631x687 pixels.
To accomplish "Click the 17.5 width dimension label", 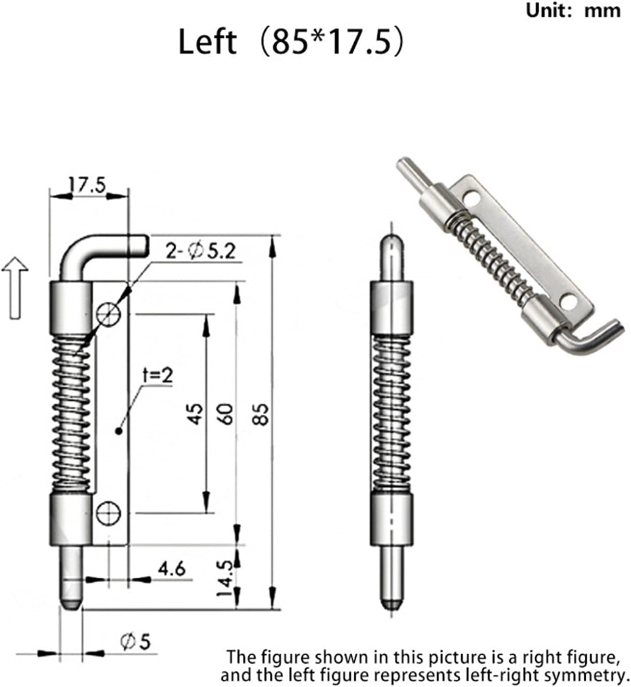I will click(x=87, y=185).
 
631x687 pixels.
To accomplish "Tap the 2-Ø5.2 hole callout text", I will click(x=201, y=251).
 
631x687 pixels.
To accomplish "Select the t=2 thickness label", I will click(x=157, y=376).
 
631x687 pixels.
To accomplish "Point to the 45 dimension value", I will click(x=195, y=414).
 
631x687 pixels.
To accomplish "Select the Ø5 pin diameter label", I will click(x=135, y=642).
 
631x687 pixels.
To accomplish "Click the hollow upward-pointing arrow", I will click(x=15, y=287).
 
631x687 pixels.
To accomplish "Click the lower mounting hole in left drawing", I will click(x=108, y=513).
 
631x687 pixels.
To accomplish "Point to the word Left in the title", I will click(x=207, y=42).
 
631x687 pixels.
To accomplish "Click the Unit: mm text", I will click(x=573, y=11).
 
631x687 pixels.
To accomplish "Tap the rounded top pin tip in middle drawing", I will click(x=391, y=245).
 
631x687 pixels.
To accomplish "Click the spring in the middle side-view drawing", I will click(x=391, y=414).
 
